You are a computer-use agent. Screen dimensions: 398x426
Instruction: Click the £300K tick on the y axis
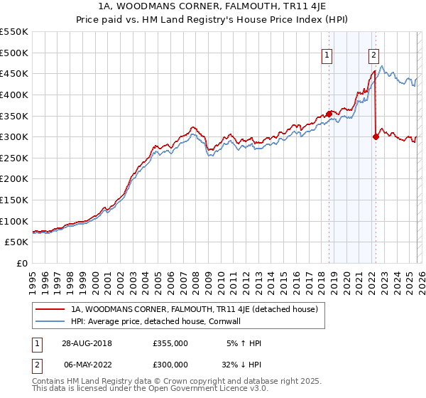coord(14,136)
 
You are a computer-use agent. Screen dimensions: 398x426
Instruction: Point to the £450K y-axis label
coord(14,73)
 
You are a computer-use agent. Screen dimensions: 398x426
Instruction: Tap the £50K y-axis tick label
coord(17,242)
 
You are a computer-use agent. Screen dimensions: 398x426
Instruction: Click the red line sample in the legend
coord(50,309)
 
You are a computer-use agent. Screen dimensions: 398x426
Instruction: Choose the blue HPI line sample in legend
coord(50,321)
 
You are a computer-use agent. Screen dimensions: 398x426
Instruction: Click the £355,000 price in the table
coord(170,343)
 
